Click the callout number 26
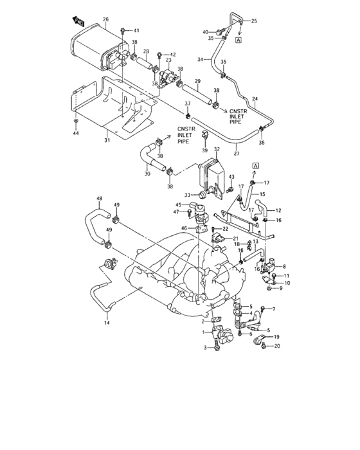pyautogui.click(x=105, y=19)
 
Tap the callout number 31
pyautogui.click(x=107, y=140)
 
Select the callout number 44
pyautogui.click(x=76, y=133)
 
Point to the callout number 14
pyautogui.click(x=107, y=323)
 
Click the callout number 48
pyautogui.click(x=100, y=198)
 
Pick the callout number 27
pyautogui.click(x=237, y=154)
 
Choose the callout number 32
pyautogui.click(x=217, y=149)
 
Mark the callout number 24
pyautogui.click(x=255, y=99)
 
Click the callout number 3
pyautogui.click(x=205, y=348)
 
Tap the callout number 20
pyautogui.click(x=277, y=346)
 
